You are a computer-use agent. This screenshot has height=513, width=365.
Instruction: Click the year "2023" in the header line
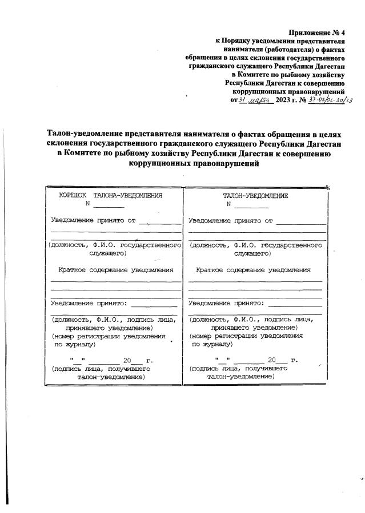tap(283, 100)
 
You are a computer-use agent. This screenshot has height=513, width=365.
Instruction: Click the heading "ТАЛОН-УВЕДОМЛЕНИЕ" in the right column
tap(255, 196)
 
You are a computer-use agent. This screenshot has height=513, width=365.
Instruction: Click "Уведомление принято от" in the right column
tap(231, 220)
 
